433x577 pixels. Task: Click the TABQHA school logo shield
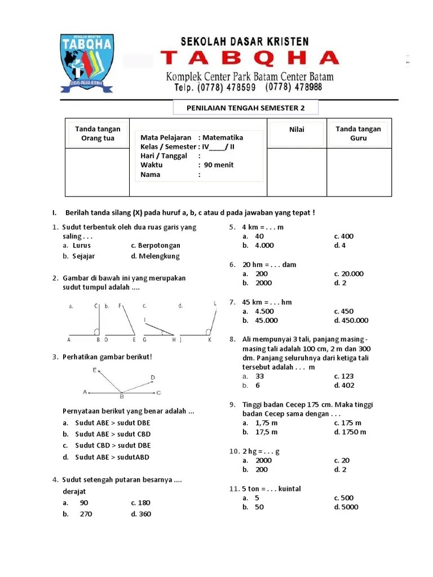coord(87,63)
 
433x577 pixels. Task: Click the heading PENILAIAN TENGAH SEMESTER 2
coord(245,108)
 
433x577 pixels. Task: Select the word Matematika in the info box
coord(223,137)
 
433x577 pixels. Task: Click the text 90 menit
coord(219,165)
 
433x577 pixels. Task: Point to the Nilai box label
coord(297,130)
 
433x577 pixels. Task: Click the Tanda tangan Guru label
coord(358,134)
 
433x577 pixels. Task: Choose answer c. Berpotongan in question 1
coord(156,246)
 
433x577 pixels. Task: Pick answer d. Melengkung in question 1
coord(155,256)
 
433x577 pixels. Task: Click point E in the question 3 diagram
coord(95,370)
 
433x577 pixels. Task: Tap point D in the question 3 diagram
coord(153,377)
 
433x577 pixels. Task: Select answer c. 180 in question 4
coord(141,503)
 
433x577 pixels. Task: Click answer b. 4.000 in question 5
coord(259,246)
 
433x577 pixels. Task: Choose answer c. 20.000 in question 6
coord(349,274)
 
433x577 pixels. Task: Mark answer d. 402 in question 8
coord(344,385)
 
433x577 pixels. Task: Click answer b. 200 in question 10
coord(258,469)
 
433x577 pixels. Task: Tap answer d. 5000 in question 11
coord(346,507)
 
